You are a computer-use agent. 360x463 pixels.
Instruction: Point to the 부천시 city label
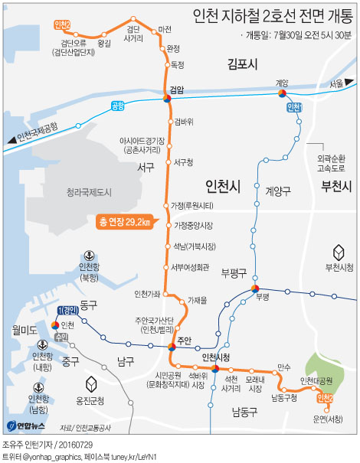[335, 186]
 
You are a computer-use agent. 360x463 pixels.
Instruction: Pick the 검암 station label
[177, 90]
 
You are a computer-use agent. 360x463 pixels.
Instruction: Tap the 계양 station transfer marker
[282, 94]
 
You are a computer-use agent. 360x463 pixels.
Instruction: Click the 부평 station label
[264, 296]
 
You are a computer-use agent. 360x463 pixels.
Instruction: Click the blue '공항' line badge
[117, 106]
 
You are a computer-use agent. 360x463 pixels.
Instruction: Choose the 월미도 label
[24, 330]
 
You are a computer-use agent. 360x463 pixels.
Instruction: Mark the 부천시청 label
[339, 267]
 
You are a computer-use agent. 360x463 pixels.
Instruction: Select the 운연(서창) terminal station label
[329, 418]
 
